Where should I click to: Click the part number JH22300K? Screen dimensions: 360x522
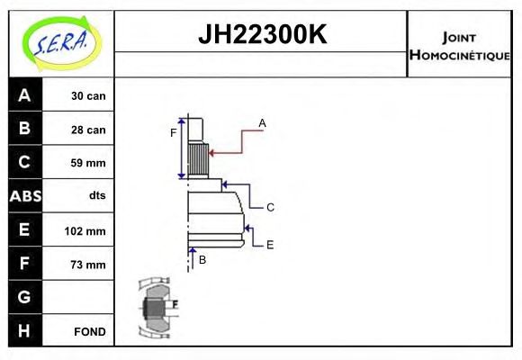coord(261,36)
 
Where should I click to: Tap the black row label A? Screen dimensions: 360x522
coord(24,95)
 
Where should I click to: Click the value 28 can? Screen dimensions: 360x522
coord(89,130)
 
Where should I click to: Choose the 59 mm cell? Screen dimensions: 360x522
coord(89,163)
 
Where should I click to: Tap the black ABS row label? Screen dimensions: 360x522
coord(24,196)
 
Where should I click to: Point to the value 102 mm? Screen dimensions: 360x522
coord(86,230)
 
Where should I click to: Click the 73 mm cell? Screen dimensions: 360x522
coord(89,265)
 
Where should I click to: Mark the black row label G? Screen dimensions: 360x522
coord(24,297)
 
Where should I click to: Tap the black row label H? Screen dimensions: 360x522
coord(24,331)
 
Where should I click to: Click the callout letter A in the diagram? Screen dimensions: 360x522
coord(262,122)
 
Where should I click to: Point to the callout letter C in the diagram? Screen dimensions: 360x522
coord(269,207)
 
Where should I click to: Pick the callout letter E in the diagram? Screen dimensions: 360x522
coord(269,244)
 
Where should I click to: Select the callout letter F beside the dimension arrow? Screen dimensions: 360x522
coord(174,133)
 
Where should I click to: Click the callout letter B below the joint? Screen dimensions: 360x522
coord(202,259)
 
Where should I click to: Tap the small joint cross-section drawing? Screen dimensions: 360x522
coord(158,309)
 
